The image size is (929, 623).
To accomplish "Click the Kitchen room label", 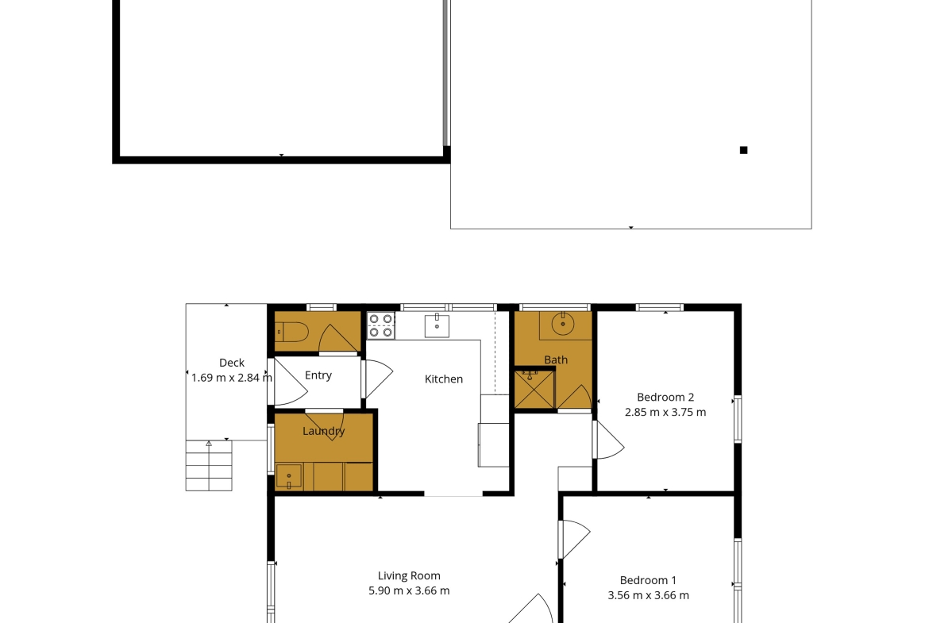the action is pyautogui.click(x=444, y=379).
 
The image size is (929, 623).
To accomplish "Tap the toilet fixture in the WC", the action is pyautogui.click(x=291, y=333).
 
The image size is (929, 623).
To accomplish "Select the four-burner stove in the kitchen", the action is pyautogui.click(x=381, y=325).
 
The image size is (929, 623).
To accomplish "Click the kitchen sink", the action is pyautogui.click(x=437, y=325).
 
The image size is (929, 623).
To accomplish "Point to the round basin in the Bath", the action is pyautogui.click(x=563, y=323).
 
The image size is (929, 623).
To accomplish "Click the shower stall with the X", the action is pyautogui.click(x=534, y=389).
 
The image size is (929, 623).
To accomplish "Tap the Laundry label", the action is pyautogui.click(x=323, y=431).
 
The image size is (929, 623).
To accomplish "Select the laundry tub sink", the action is pyautogui.click(x=289, y=476).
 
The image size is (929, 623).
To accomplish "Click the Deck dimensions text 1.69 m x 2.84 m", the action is pyautogui.click(x=232, y=378).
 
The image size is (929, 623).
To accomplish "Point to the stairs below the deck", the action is pyautogui.click(x=209, y=466).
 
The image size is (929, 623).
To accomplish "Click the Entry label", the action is pyautogui.click(x=318, y=375).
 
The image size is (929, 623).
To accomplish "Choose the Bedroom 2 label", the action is pyautogui.click(x=665, y=398).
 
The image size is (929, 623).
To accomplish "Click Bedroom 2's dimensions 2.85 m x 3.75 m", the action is pyautogui.click(x=665, y=412).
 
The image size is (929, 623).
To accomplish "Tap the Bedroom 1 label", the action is pyautogui.click(x=648, y=580).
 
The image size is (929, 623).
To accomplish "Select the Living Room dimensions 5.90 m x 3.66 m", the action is pyautogui.click(x=409, y=590).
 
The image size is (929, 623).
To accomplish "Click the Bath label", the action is pyautogui.click(x=556, y=360).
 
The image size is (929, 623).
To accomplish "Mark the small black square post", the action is pyautogui.click(x=743, y=151).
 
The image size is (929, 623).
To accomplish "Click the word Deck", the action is pyautogui.click(x=232, y=363).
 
